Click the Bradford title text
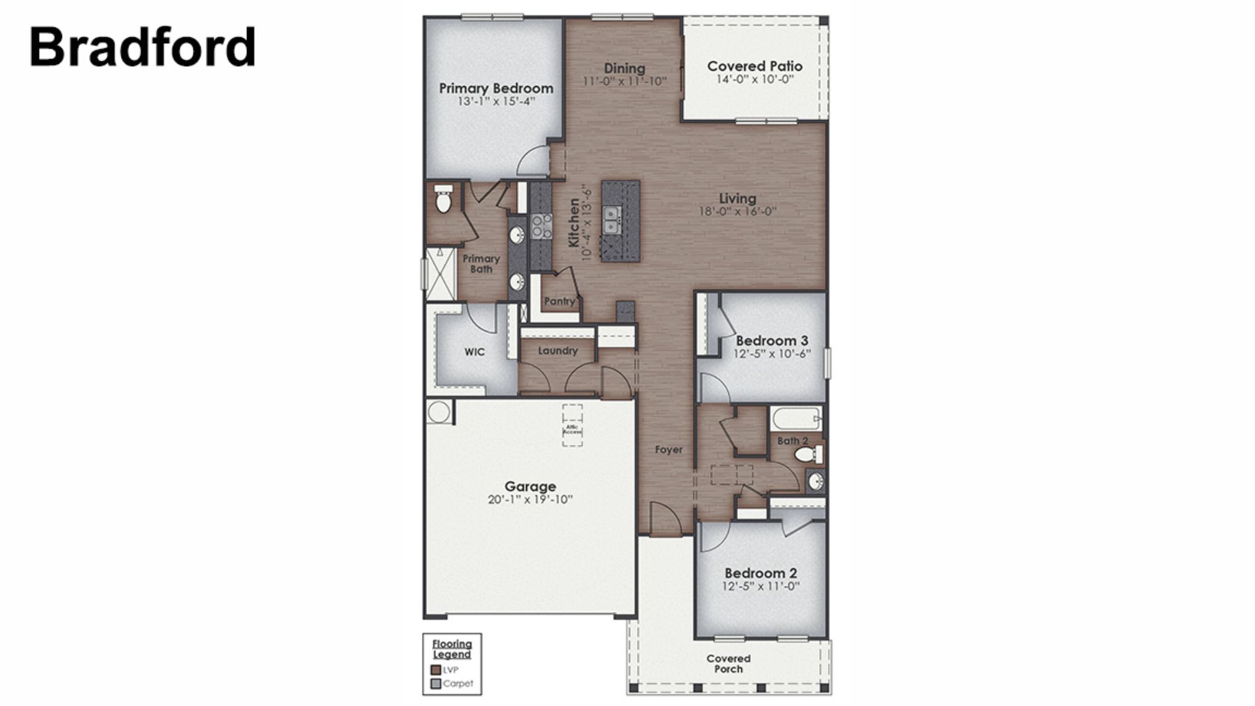pyautogui.click(x=142, y=47)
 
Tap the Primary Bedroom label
pyautogui.click(x=495, y=88)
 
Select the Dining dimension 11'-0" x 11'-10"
pyautogui.click(x=624, y=82)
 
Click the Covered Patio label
pyautogui.click(x=754, y=66)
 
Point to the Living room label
pyautogui.click(x=737, y=199)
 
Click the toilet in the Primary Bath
pyautogui.click(x=444, y=199)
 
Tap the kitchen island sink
pyautogui.click(x=612, y=220)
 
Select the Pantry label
pyautogui.click(x=560, y=301)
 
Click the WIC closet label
pyautogui.click(x=475, y=352)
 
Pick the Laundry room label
pyautogui.click(x=558, y=351)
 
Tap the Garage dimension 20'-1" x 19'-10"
pyautogui.click(x=529, y=500)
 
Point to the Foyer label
pyautogui.click(x=668, y=450)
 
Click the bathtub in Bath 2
pyautogui.click(x=795, y=419)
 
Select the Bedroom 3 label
pyautogui.click(x=771, y=341)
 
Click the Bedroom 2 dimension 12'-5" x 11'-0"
pyautogui.click(x=760, y=586)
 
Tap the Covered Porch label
pyautogui.click(x=728, y=664)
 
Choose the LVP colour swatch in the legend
pyautogui.click(x=436, y=670)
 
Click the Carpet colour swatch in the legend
pyautogui.click(x=436, y=684)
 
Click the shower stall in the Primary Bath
pyautogui.click(x=441, y=273)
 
